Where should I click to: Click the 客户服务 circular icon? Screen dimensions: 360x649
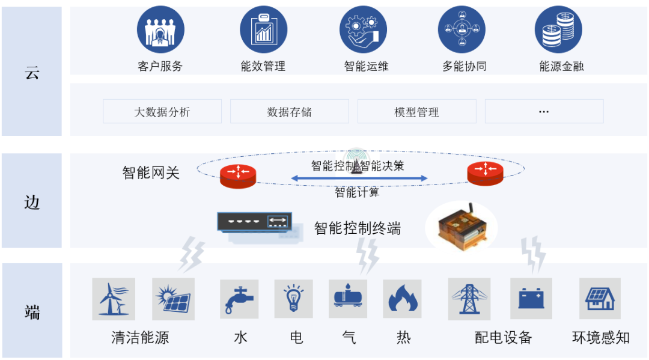(160, 29)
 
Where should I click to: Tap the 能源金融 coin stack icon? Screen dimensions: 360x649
(558, 29)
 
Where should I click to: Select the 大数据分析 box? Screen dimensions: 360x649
(162, 111)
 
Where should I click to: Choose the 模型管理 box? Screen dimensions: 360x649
(416, 111)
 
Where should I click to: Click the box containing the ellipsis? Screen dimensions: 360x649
(544, 111)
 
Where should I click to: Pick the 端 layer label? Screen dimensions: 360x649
(32, 312)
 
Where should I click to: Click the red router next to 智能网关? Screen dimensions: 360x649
(238, 174)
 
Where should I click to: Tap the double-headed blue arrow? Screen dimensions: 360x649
(359, 178)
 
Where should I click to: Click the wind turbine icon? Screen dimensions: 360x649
(114, 299)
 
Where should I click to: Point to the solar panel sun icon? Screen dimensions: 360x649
(174, 299)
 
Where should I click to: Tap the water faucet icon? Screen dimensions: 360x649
(240, 299)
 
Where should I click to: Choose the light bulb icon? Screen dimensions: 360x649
(294, 299)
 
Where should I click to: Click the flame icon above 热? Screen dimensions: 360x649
(402, 299)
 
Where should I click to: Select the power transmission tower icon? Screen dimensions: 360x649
(468, 299)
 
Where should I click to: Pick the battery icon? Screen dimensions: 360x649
(531, 299)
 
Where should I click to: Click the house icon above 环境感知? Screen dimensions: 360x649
(600, 299)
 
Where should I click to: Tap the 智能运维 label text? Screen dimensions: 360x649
(366, 66)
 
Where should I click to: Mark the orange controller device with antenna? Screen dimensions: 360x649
(462, 227)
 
